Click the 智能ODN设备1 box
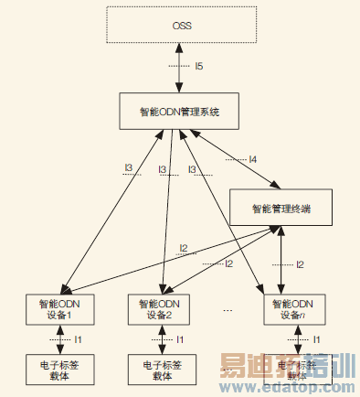click(60, 308)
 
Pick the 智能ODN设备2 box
click(162, 308)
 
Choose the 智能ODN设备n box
click(289, 308)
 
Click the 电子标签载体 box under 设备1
click(60, 369)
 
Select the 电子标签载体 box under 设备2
click(162, 369)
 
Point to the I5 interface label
click(199, 67)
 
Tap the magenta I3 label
click(162, 169)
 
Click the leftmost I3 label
click(129, 168)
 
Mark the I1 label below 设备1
click(79, 339)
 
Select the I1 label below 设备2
click(180, 339)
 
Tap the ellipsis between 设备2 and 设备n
click(227, 310)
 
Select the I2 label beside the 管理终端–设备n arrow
click(300, 264)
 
